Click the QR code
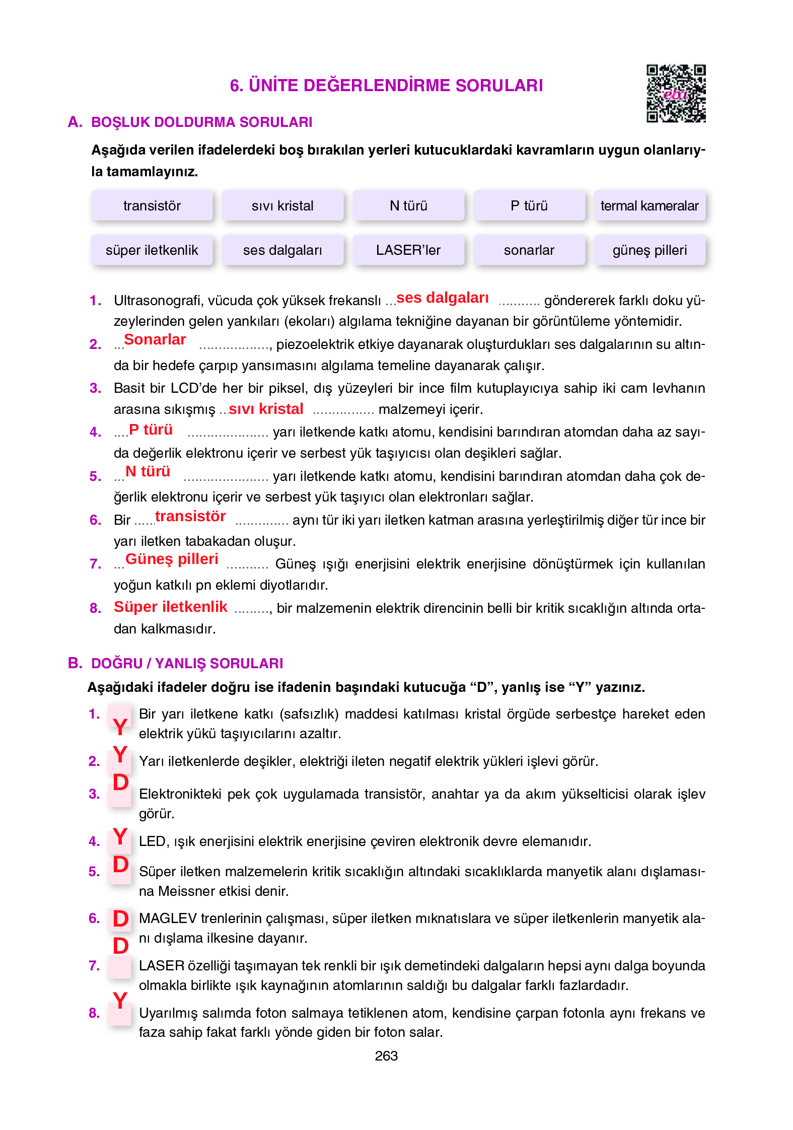(676, 93)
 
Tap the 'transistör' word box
(152, 205)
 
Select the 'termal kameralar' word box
(649, 205)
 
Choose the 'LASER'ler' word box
(408, 250)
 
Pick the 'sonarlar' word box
(529, 250)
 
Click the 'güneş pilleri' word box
(649, 250)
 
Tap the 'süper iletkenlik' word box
(152, 250)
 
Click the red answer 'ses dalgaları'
(442, 298)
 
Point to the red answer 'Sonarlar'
(155, 339)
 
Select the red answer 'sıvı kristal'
(266, 408)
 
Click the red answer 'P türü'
(151, 430)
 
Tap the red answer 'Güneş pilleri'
(172, 559)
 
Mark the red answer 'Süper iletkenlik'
(170, 607)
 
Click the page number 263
(386, 1056)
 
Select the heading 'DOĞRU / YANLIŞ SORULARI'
(187, 663)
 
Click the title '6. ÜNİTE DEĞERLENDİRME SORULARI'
(386, 85)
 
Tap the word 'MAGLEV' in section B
(167, 919)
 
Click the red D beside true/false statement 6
(121, 919)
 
